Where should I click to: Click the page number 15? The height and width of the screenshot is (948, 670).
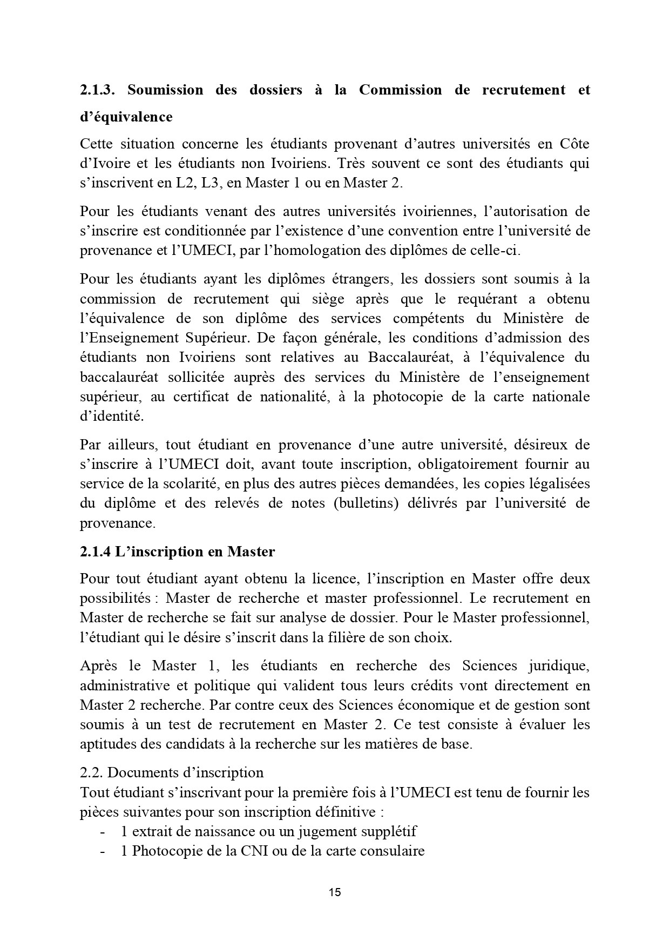[x=335, y=892]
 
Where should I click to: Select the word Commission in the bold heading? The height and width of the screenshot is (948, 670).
[x=400, y=90]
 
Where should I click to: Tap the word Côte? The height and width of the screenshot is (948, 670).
[x=574, y=144]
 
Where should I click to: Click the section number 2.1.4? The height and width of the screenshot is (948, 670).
[x=96, y=552]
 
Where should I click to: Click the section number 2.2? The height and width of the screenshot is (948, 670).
[x=92, y=772]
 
